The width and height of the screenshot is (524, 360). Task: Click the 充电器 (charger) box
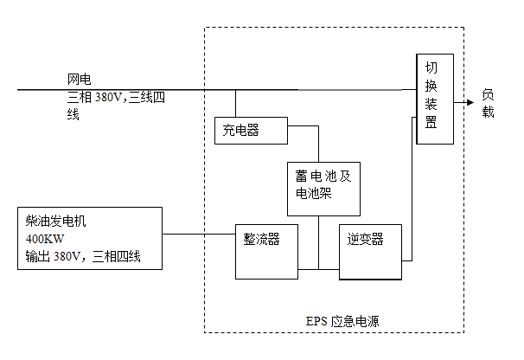[250, 130]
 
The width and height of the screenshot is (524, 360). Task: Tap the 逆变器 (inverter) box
[371, 250]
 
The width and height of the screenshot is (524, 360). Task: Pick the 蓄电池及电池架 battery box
[323, 189]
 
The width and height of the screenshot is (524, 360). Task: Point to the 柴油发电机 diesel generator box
[90, 238]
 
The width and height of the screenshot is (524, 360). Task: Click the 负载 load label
[489, 103]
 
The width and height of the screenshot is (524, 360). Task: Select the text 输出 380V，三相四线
[83, 256]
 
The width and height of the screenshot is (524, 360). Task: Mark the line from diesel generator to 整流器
[199, 234]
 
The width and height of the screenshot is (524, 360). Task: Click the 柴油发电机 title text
[56, 221]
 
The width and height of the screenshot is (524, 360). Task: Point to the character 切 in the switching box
[431, 67]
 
